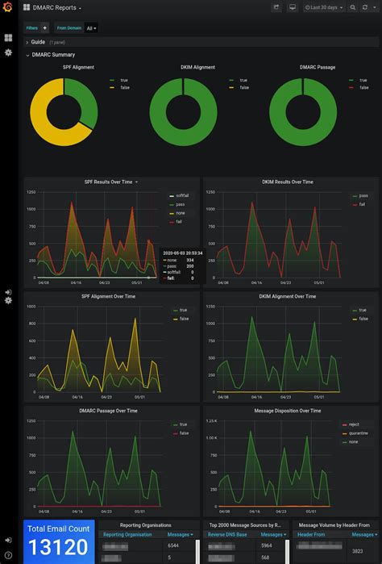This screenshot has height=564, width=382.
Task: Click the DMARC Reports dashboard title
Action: pos(55,7)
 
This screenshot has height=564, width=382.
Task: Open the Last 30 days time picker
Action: pos(324,7)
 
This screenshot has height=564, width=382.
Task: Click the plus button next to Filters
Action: pos(45,27)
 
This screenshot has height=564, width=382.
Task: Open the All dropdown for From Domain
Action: pos(92,27)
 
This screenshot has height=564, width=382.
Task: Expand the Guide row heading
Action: pos(38,42)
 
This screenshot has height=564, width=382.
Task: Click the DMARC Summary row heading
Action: pos(53,55)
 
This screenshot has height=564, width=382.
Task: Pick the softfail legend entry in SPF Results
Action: pos(181,195)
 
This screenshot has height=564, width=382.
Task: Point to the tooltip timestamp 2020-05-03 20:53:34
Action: pos(181,253)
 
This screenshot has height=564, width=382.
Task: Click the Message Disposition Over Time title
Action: pos(288,411)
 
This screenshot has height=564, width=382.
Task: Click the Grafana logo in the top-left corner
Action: pos(8,7)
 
